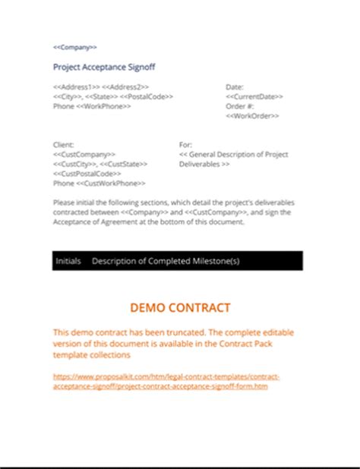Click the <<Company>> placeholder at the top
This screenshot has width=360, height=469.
click(x=75, y=48)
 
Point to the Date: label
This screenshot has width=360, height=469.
click(x=235, y=87)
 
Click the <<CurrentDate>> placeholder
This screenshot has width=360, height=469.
click(x=254, y=97)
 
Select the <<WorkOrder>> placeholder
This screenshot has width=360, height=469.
click(x=253, y=116)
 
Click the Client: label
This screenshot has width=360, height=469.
click(x=64, y=144)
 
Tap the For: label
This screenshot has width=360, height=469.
click(x=185, y=144)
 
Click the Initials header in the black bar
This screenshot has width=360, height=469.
click(x=68, y=261)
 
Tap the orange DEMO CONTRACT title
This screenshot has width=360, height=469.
click(x=180, y=308)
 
